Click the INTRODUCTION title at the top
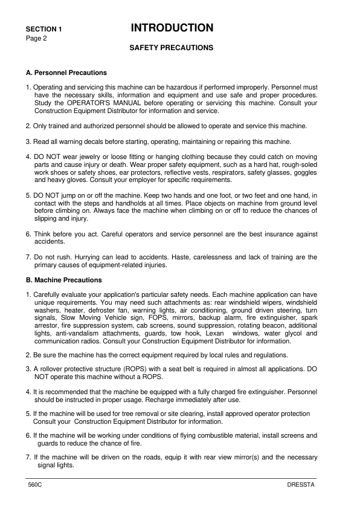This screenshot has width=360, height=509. click(x=172, y=28)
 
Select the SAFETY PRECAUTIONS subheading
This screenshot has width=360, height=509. click(x=172, y=47)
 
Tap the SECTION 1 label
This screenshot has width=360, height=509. click(x=43, y=29)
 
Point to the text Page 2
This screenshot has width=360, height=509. click(x=36, y=38)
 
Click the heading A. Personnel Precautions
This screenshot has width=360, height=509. click(x=66, y=73)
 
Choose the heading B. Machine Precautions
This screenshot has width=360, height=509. click(x=63, y=280)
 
